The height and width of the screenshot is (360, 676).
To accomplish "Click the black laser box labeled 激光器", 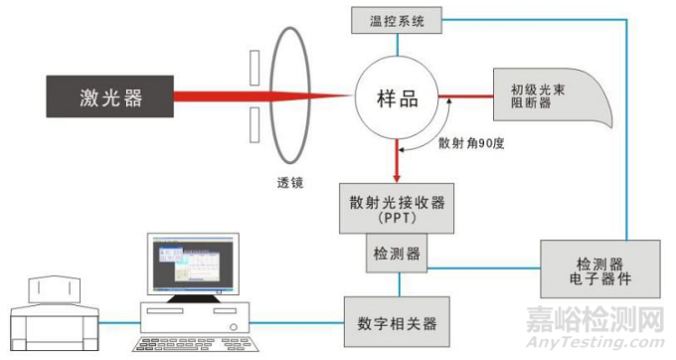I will point(109,96).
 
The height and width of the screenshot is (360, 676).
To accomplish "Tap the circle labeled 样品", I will point(397,97).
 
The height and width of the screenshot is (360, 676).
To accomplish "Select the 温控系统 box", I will point(397,19).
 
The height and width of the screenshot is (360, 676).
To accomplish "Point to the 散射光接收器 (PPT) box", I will point(397,211).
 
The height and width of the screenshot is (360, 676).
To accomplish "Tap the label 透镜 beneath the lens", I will point(291,183).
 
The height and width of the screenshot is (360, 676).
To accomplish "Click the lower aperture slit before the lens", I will point(256,123).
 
